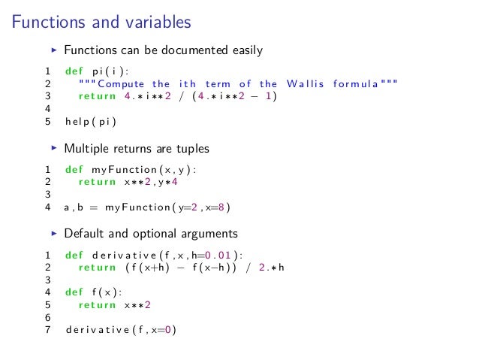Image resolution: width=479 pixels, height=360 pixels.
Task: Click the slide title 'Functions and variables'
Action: pyautogui.click(x=101, y=23)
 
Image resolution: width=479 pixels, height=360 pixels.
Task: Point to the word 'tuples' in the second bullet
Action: pyautogui.click(x=191, y=149)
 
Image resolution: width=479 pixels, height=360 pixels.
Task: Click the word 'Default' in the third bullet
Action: pyautogui.click(x=84, y=233)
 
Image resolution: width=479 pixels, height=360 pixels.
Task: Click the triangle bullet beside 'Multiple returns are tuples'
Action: pyautogui.click(x=53, y=149)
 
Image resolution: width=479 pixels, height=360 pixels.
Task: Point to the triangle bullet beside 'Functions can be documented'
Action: pyautogui.click(x=53, y=51)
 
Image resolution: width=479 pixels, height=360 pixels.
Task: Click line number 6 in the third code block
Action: pyautogui.click(x=48, y=316)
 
